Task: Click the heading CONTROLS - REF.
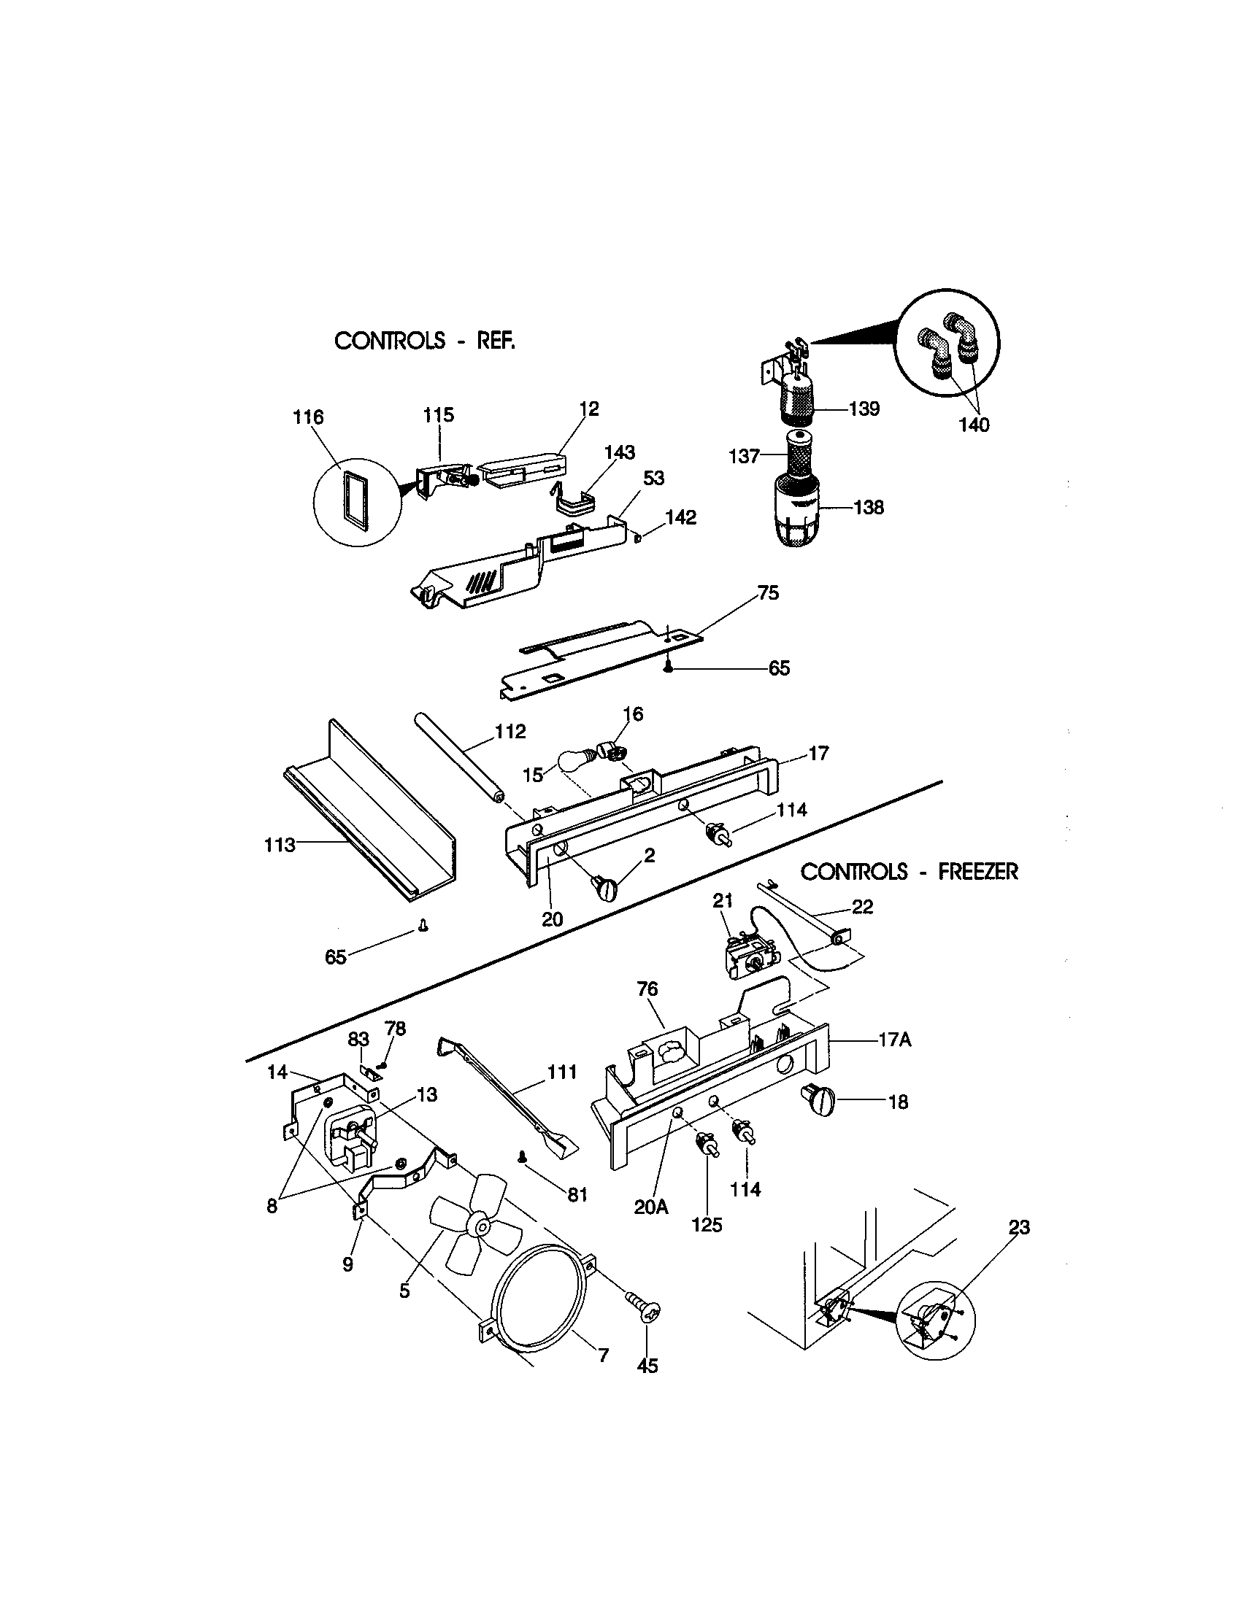coord(424,340)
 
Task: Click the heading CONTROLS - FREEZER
coord(909,872)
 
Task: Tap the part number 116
coord(307,417)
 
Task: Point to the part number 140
coord(973,425)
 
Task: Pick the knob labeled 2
coord(608,890)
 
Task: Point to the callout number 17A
coord(894,1040)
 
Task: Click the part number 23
coord(1019,1227)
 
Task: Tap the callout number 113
coord(280,845)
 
